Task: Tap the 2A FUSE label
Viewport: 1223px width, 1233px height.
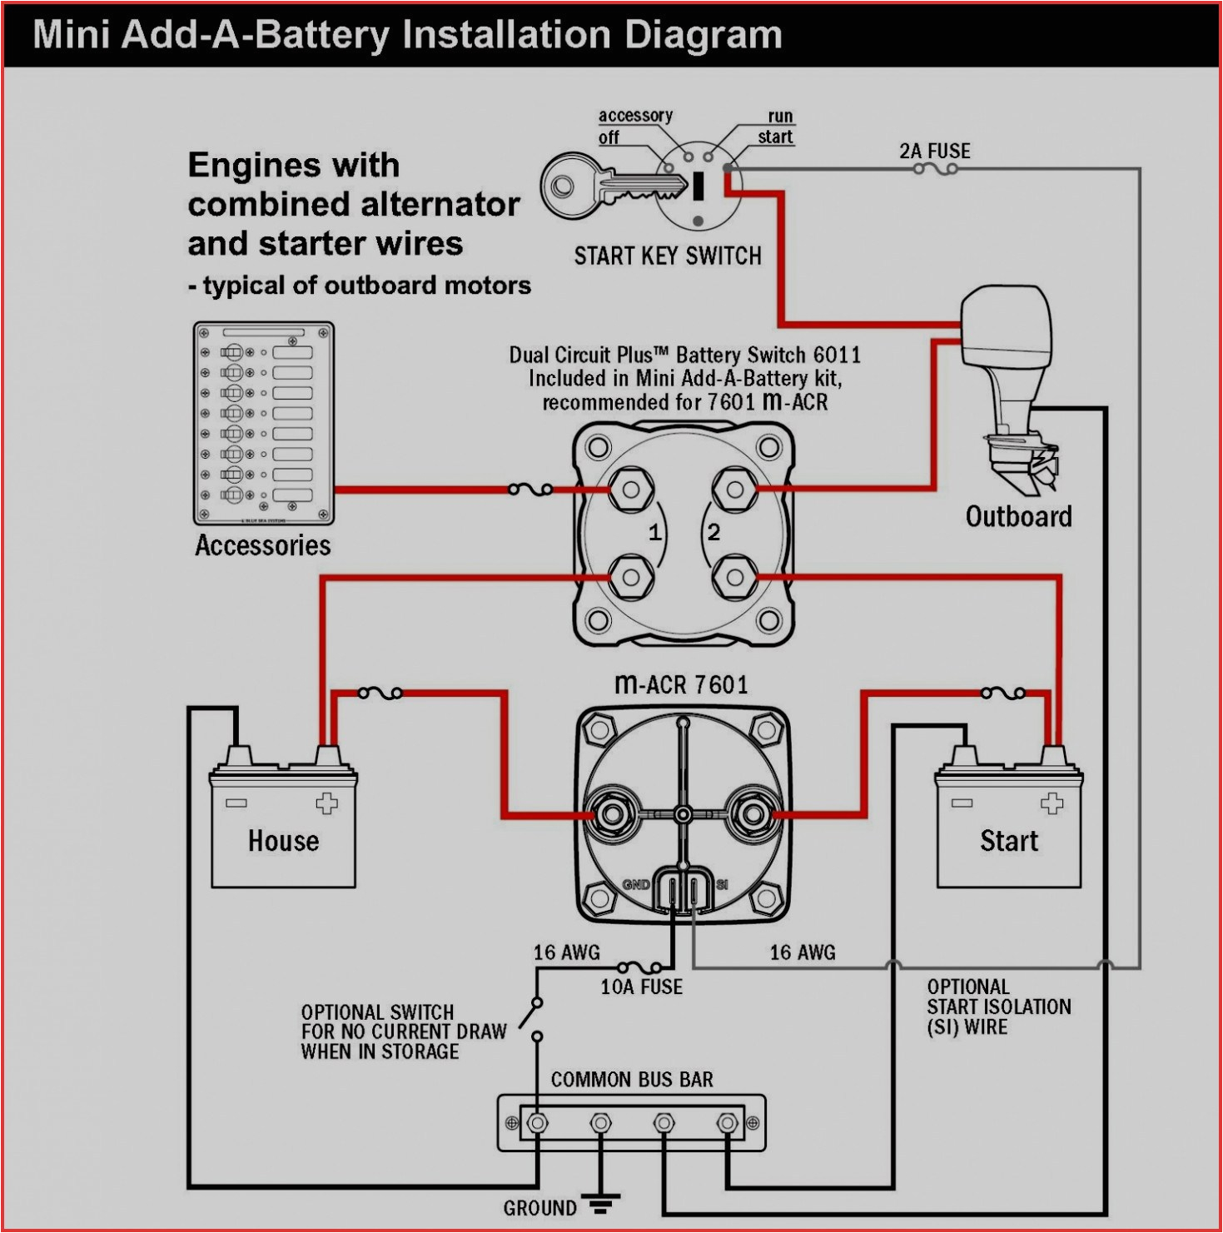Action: pos(934,151)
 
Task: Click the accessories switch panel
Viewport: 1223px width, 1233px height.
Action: pos(263,424)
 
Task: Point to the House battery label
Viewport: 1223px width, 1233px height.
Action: pos(283,841)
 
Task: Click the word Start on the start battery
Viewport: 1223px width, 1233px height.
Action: pos(1008,841)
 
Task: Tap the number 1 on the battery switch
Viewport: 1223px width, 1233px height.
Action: pos(655,533)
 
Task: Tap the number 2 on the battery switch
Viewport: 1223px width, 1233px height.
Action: pos(713,533)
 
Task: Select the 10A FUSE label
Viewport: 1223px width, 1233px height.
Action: pos(641,987)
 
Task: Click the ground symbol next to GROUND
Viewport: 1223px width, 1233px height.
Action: pos(598,1203)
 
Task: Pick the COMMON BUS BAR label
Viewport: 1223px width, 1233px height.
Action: pos(631,1080)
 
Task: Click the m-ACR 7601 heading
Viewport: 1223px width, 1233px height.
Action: pos(681,684)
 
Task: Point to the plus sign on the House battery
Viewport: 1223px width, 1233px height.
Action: pos(326,803)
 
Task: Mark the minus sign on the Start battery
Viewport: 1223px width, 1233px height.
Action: pos(962,803)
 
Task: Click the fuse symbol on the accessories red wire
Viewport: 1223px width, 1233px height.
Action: pos(530,490)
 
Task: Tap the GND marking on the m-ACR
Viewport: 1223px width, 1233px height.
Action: pos(636,884)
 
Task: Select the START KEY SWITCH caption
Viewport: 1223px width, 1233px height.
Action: pos(667,256)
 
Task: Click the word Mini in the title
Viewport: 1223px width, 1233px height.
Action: pos(72,36)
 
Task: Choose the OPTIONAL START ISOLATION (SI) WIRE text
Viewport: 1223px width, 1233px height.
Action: pos(998,1007)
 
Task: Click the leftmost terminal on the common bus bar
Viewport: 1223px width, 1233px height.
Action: pos(538,1123)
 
